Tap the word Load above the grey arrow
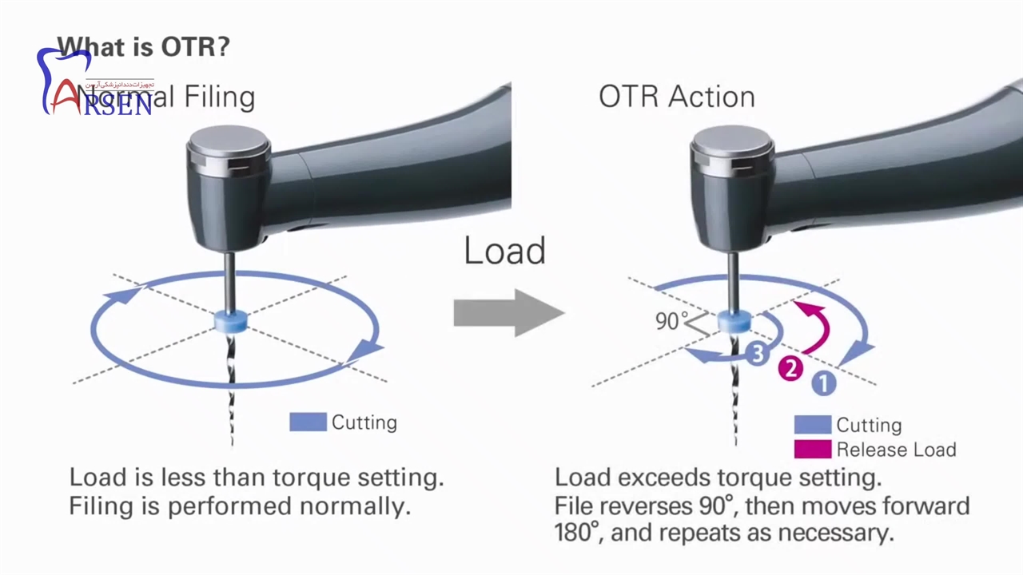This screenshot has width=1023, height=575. click(x=504, y=251)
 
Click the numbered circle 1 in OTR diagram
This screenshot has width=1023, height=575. click(x=824, y=384)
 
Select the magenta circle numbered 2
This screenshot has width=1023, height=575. click(x=790, y=368)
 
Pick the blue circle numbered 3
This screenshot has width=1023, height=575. click(x=758, y=352)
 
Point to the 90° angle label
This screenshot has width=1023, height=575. click(x=671, y=321)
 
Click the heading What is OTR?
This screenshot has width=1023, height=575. click(x=143, y=46)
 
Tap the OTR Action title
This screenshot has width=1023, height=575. click(x=676, y=97)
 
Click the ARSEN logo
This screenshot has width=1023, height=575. click(x=96, y=88)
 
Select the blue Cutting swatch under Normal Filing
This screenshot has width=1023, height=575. click(x=308, y=422)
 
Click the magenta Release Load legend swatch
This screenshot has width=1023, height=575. click(x=812, y=449)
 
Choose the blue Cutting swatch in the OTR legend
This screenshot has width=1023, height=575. click(x=812, y=424)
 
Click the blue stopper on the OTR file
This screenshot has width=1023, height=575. click(x=734, y=320)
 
